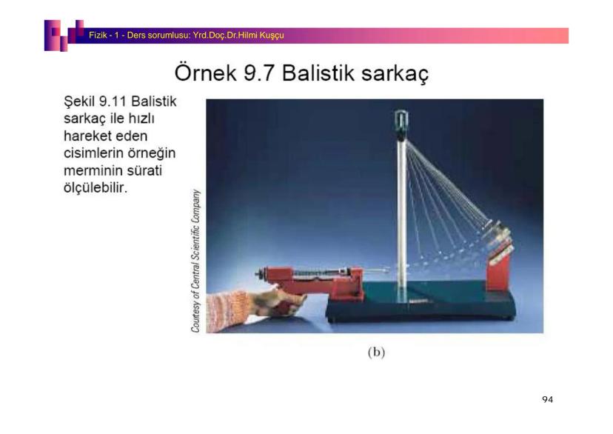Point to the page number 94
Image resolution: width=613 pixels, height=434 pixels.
[x=547, y=400]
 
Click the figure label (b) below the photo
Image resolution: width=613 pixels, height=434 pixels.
[x=376, y=352]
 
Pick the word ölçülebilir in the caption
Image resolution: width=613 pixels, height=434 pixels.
[x=96, y=190]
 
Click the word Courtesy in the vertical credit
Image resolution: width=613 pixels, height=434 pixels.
[x=196, y=310]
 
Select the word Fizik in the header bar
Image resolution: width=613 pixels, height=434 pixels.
[x=98, y=35]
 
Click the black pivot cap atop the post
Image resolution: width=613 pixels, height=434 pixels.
[x=402, y=118]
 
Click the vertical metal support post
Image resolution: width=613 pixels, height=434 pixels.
[x=402, y=215]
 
